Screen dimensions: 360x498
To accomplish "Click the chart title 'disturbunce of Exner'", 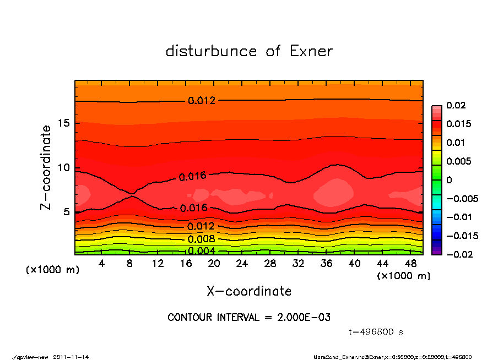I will [249, 51].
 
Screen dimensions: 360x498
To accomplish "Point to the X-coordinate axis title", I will [249, 291].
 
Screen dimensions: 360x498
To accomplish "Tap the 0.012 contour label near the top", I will [202, 101].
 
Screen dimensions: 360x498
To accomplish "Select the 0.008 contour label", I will [201, 239].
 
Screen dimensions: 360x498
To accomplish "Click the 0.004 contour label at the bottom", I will [201, 251].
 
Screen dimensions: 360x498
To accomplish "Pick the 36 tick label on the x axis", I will [326, 264].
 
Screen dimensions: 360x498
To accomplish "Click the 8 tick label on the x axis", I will [130, 264].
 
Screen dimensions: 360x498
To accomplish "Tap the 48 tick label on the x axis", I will [410, 264].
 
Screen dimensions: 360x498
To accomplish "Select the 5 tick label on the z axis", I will [67, 212].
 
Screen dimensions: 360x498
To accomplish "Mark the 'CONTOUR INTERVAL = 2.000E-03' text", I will [249, 318].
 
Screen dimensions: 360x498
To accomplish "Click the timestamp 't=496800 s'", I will [376, 332].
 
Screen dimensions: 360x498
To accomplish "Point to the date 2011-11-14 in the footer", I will [71, 357].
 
